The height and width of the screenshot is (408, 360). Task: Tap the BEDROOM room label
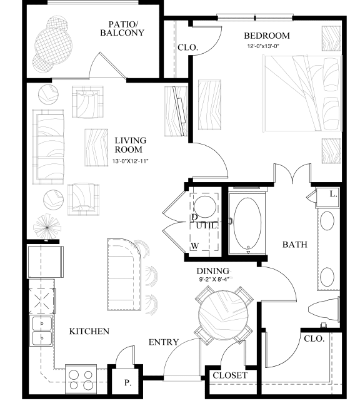(267, 35)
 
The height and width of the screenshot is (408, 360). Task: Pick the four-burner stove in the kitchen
(81, 377)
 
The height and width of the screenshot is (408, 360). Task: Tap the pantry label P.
(127, 382)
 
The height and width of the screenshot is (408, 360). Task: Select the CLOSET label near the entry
(230, 376)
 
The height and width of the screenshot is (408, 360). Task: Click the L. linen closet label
(333, 195)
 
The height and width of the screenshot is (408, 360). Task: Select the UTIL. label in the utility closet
(207, 225)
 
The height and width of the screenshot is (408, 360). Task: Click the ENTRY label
(164, 342)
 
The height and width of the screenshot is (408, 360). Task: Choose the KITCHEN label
(89, 331)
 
